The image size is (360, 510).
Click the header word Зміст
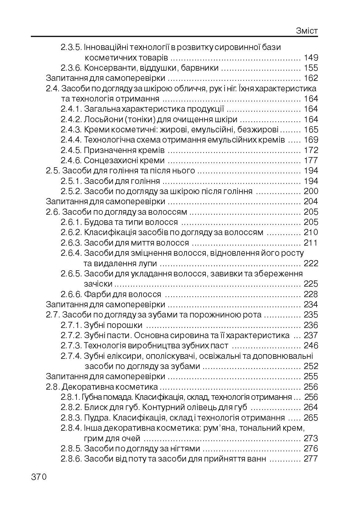point(307,31)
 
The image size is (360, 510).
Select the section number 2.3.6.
point(71,68)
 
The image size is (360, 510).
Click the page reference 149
point(311,58)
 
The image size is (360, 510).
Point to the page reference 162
point(311,78)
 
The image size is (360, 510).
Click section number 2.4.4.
point(71,140)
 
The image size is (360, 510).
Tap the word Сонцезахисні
point(109,160)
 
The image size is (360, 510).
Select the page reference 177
point(311,160)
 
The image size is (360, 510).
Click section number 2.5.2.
point(71,191)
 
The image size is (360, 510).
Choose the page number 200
point(311,191)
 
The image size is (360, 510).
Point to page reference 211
point(311,243)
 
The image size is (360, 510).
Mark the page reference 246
point(311,346)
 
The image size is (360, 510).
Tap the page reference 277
point(311,459)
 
